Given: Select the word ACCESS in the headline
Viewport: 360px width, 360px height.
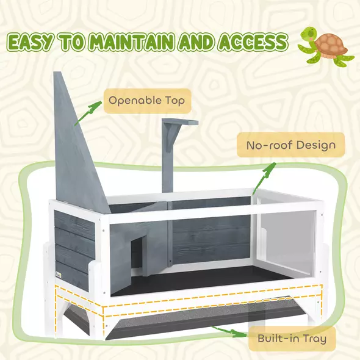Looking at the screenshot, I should [x=252, y=43].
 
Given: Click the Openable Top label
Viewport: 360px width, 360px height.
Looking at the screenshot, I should [x=146, y=99].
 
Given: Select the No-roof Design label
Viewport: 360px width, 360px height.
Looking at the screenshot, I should [x=290, y=145].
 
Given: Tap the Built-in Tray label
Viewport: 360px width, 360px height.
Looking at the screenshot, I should [x=292, y=337].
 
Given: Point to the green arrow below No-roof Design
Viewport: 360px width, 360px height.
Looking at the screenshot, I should [x=263, y=178].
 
